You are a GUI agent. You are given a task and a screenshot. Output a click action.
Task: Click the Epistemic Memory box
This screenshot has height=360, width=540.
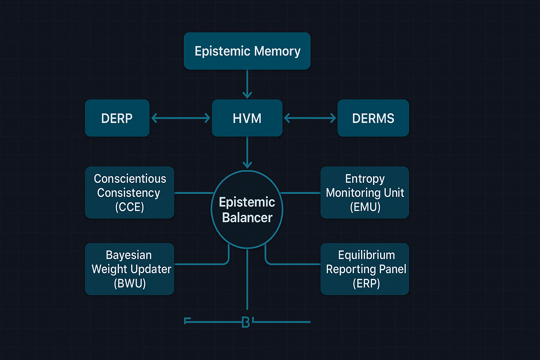pyautogui.click(x=247, y=51)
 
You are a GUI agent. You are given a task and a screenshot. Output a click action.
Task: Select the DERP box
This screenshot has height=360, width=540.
pyautogui.click(x=117, y=118)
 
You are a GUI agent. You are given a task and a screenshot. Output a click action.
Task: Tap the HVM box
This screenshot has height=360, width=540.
pyautogui.click(x=247, y=118)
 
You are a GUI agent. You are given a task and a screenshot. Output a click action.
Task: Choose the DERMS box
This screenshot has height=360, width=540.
pyautogui.click(x=373, y=118)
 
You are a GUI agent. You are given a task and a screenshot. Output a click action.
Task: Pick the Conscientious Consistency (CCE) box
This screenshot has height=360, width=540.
pyautogui.click(x=129, y=192)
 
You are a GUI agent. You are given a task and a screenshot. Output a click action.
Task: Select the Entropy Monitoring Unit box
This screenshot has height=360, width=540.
pyautogui.click(x=365, y=192)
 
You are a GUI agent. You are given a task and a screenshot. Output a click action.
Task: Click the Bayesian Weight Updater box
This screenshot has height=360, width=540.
pyautogui.click(x=129, y=269)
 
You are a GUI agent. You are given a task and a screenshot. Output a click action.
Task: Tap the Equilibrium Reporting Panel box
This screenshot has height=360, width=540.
pyautogui.click(x=365, y=269)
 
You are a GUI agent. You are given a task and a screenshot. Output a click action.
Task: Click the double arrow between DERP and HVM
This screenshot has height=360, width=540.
pyautogui.click(x=181, y=118)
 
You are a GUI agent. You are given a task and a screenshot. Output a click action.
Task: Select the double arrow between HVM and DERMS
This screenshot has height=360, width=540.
pyautogui.click(x=310, y=118)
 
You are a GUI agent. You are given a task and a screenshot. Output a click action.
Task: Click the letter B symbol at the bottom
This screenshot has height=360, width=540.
pyautogui.click(x=246, y=322)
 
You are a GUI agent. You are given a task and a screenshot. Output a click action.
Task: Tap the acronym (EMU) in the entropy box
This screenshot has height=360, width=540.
pyautogui.click(x=365, y=207)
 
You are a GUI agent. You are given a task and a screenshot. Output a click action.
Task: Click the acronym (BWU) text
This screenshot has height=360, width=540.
pyautogui.click(x=130, y=283)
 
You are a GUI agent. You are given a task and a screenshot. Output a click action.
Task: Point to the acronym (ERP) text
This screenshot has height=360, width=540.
pyautogui.click(x=366, y=283)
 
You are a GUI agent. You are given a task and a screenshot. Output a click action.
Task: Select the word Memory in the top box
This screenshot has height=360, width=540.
pyautogui.click(x=277, y=51)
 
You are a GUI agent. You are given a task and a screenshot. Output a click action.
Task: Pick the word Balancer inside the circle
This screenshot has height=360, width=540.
pyautogui.click(x=247, y=218)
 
